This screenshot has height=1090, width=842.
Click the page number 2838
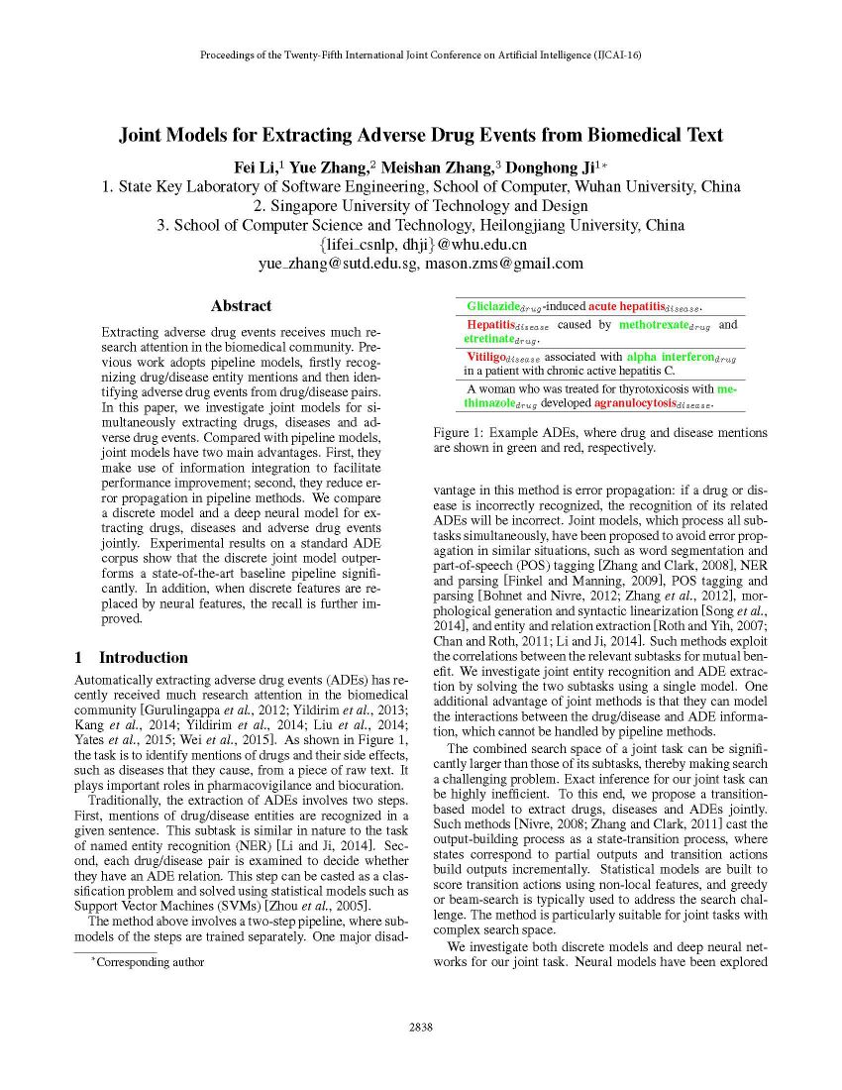(x=421, y=1027)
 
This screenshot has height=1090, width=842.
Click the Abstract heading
(x=241, y=306)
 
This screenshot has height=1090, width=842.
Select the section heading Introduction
(x=143, y=657)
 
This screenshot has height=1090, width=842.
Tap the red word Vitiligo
(x=486, y=357)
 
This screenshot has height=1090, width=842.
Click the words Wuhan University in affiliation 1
(x=651, y=186)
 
